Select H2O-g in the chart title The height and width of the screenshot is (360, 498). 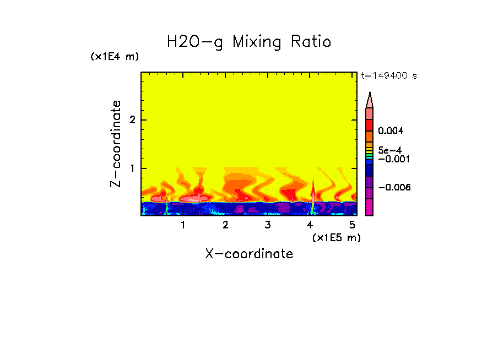[x=195, y=42]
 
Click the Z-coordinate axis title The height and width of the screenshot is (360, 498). [x=116, y=144]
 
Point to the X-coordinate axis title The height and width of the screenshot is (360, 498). [x=249, y=254]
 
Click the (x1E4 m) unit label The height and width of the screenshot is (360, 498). [x=115, y=57]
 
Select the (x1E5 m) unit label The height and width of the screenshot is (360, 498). [x=336, y=237]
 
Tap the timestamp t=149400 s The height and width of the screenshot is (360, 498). [x=388, y=76]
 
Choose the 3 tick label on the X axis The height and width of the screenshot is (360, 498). [x=267, y=225]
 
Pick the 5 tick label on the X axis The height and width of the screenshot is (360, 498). [x=352, y=225]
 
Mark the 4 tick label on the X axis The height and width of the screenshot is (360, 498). [x=310, y=225]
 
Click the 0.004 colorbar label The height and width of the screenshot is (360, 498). [x=391, y=131]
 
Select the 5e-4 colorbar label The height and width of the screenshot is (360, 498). [x=389, y=150]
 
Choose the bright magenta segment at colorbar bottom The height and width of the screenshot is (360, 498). [x=370, y=207]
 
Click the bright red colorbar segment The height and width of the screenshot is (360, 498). [x=370, y=124]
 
